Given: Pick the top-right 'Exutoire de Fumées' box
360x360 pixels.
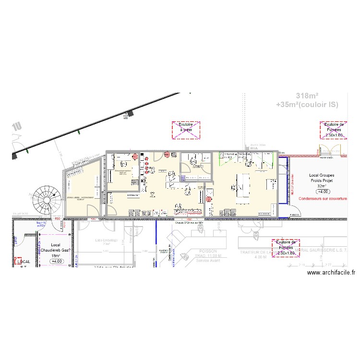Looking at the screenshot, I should click(x=333, y=130).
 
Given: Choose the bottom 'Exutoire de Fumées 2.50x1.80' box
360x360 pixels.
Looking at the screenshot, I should click(x=285, y=249).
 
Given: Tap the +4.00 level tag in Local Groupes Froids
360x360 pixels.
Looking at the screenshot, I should click(x=322, y=192).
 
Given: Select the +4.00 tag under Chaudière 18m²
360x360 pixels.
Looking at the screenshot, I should click(x=57, y=262).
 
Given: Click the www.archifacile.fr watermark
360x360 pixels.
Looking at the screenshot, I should click(x=331, y=273).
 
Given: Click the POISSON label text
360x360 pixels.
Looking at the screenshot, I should click(x=209, y=251).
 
